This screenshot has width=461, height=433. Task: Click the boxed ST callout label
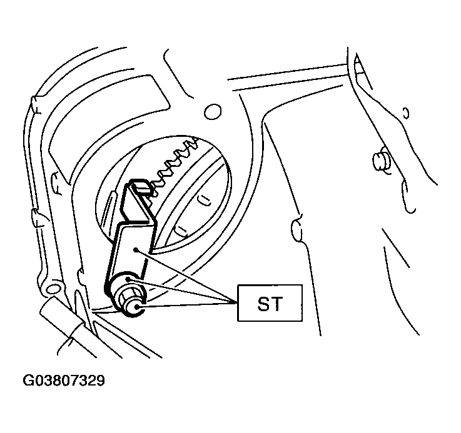tap(270, 303)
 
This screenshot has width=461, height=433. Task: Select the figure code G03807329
tap(64, 381)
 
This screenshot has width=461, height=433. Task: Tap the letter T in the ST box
tap(276, 304)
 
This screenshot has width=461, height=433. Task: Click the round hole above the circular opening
tap(213, 112)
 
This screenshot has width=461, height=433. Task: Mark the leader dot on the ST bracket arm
tap(135, 250)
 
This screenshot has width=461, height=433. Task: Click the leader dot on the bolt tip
tap(137, 307)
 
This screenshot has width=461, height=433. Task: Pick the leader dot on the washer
tap(128, 279)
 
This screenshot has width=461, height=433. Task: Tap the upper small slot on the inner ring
tap(203, 199)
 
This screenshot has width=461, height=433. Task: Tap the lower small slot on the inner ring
tap(181, 231)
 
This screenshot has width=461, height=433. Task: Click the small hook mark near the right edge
tap(406, 113)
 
